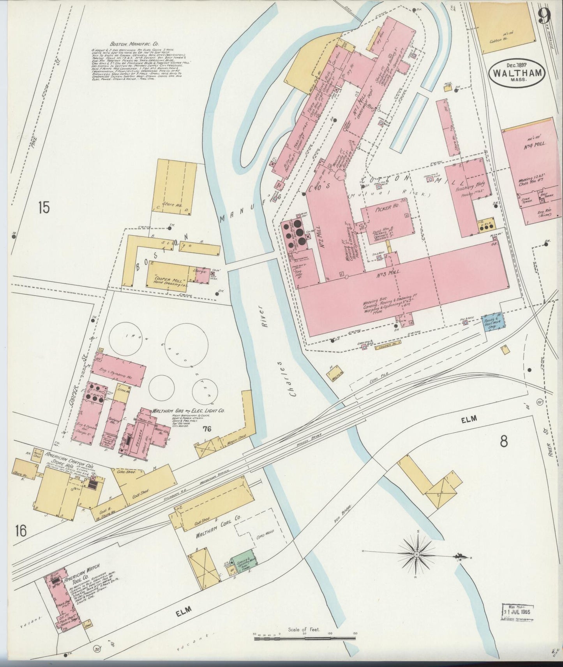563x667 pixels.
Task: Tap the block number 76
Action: (206, 429)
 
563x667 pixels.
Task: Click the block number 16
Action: (21, 530)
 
